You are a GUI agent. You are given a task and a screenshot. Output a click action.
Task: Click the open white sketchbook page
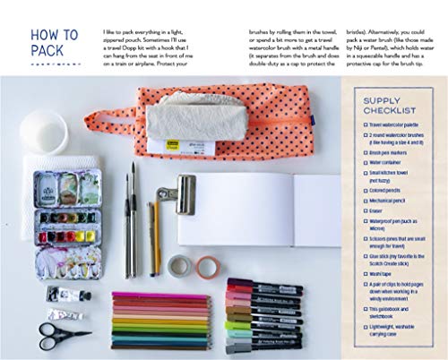click(x=260, y=210)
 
